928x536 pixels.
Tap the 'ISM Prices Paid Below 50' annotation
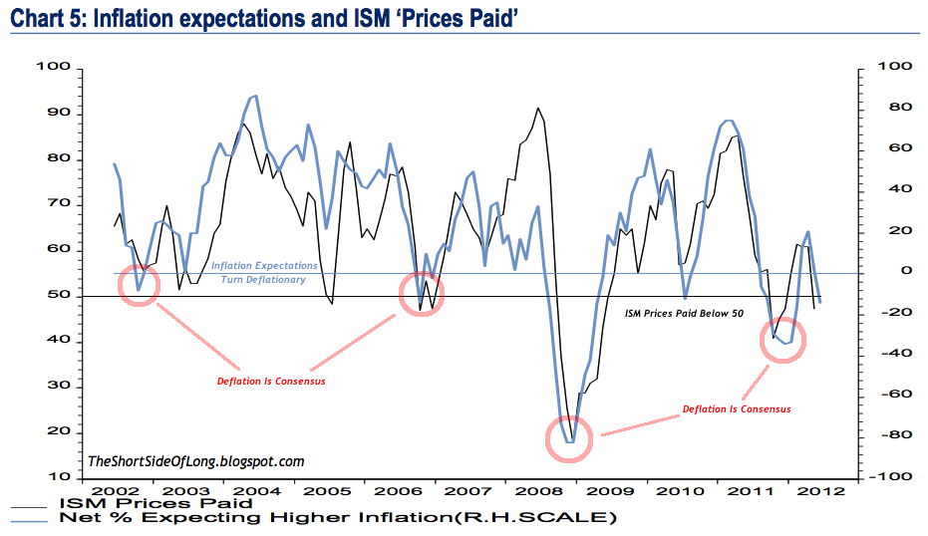tap(685, 312)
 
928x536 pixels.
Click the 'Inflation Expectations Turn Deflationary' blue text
tap(264, 273)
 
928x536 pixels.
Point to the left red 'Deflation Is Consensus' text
tap(270, 381)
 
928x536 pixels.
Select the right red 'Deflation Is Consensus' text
tap(737, 408)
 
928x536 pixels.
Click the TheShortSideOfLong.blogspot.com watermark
tap(196, 461)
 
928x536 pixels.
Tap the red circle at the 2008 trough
tap(569, 437)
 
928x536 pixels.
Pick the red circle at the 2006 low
tap(422, 293)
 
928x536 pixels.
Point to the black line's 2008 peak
tap(538, 108)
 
